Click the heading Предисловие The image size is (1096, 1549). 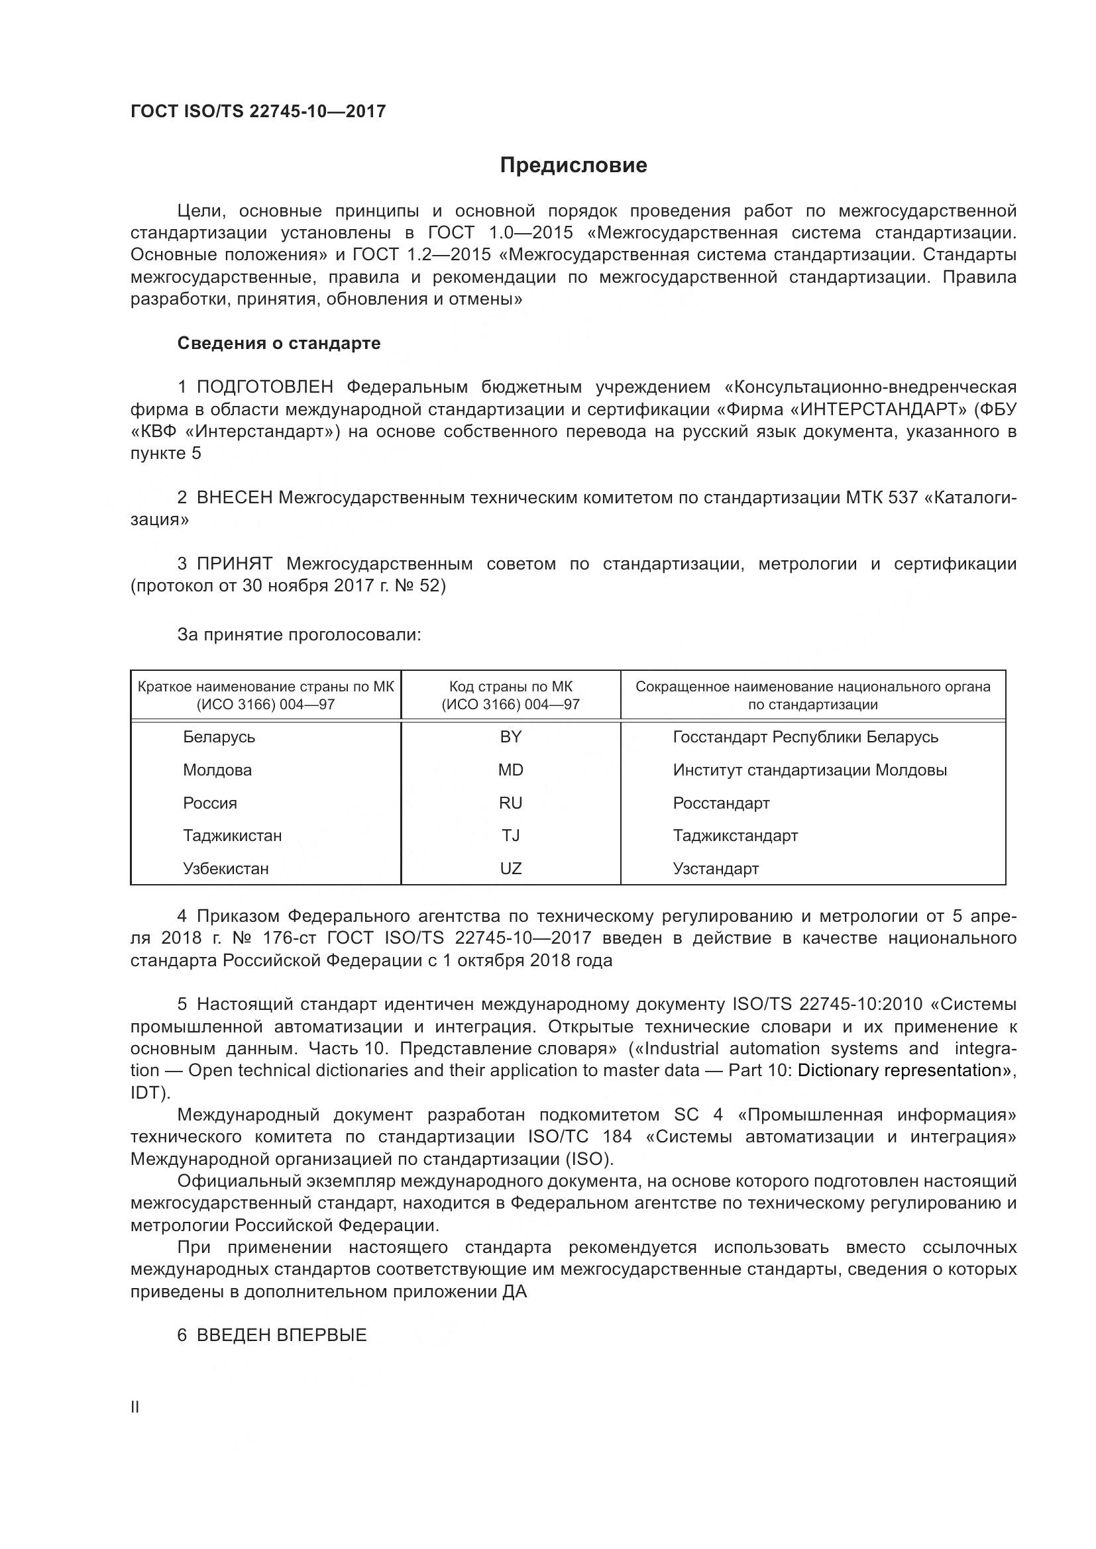(573, 166)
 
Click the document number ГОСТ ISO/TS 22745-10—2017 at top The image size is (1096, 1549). (258, 111)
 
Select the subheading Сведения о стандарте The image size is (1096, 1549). (279, 344)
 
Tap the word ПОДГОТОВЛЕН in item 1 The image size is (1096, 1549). (264, 387)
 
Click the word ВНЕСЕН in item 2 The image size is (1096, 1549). (234, 498)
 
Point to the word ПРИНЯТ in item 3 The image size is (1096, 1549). (234, 564)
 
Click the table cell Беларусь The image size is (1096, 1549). (219, 736)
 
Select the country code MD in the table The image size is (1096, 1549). (511, 770)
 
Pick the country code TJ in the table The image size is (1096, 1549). (511, 835)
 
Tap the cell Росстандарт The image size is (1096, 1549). (721, 803)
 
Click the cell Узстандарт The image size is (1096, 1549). (716, 868)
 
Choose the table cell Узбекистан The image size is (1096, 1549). (225, 868)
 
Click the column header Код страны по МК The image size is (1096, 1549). (511, 695)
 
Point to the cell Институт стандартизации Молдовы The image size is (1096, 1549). (809, 770)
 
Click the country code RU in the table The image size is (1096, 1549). (511, 803)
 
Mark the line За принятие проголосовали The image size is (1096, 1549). (299, 635)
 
